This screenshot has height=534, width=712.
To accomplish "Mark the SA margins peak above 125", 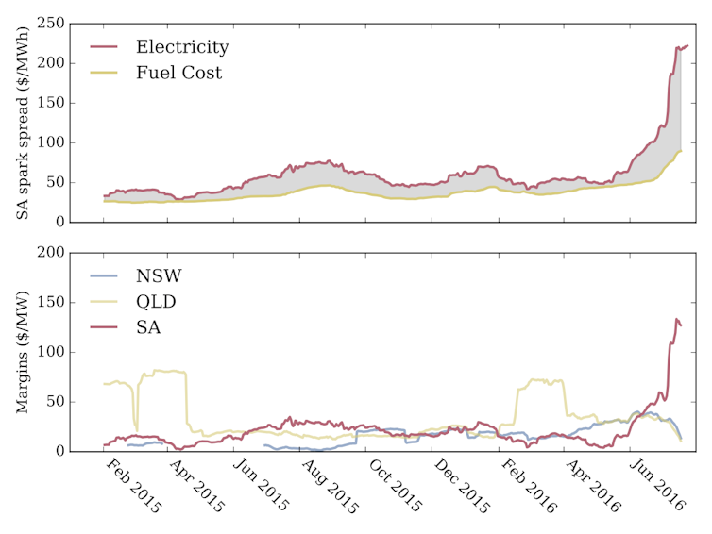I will click(x=676, y=319).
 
